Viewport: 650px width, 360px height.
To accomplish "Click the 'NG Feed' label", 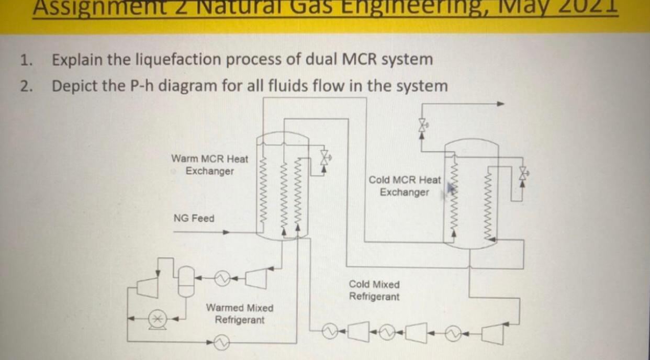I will (194, 218).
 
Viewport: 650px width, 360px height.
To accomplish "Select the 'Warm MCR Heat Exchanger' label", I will (209, 164).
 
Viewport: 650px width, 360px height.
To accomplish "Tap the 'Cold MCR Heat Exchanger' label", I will (405, 186).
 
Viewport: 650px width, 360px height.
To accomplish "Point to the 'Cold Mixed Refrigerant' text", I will (374, 290).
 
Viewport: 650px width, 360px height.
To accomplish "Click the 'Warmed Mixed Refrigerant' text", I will (239, 313).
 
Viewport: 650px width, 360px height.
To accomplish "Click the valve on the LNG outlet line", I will (422, 125).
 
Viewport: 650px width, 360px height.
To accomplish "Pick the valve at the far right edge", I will (522, 174).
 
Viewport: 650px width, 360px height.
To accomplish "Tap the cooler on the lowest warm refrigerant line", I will (221, 343).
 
